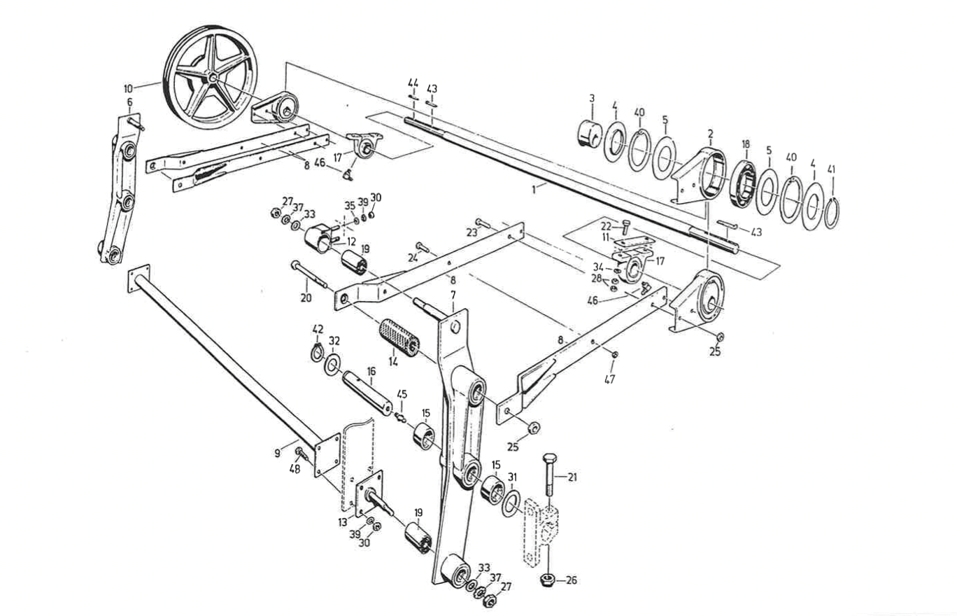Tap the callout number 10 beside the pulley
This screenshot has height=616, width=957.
[x=128, y=89]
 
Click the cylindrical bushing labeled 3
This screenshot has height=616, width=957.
[x=590, y=132]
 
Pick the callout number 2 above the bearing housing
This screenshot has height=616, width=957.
[x=711, y=133]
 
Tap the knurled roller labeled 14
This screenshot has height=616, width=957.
[x=400, y=338]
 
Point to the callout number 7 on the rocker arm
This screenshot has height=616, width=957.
[x=453, y=295]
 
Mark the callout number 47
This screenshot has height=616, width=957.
[x=609, y=379]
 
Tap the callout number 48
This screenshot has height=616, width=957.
[x=295, y=469]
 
